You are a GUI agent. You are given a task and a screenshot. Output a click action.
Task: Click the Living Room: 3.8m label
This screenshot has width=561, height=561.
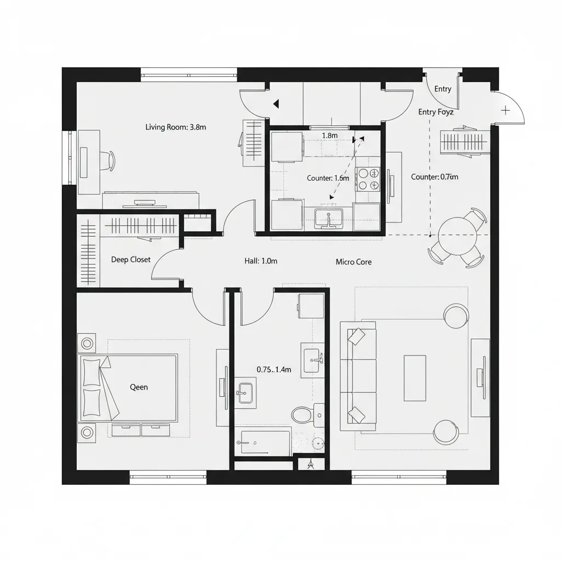175,127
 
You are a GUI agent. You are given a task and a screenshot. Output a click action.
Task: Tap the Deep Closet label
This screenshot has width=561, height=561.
130,259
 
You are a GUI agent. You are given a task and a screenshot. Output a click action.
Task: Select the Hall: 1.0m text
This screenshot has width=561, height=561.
261,261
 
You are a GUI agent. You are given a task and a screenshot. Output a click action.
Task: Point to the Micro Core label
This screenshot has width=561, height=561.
353,262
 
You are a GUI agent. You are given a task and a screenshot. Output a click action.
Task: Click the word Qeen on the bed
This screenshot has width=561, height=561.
139,387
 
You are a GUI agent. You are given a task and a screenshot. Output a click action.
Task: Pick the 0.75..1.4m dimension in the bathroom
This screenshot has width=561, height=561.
274,370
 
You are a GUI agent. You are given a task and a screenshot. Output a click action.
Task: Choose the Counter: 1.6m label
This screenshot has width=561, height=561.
328,178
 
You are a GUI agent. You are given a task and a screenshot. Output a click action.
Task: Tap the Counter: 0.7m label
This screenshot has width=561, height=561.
434,177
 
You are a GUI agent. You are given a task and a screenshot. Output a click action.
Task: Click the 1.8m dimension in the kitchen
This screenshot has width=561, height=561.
329,135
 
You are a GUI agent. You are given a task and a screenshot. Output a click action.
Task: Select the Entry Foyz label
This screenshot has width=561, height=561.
436,112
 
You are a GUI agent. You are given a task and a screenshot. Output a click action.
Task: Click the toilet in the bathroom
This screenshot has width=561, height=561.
301,414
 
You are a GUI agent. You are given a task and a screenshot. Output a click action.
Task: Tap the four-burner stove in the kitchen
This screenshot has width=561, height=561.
368,179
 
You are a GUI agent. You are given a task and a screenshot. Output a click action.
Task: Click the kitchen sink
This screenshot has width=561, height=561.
328,218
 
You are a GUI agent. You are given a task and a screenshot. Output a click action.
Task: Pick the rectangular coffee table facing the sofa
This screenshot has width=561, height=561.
415,378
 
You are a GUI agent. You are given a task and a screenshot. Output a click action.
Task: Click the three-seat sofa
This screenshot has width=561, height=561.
358,376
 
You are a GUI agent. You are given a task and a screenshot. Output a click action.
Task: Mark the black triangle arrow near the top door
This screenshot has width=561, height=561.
276,104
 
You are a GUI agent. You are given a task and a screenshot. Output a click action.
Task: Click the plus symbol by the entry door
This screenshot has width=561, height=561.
505,110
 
